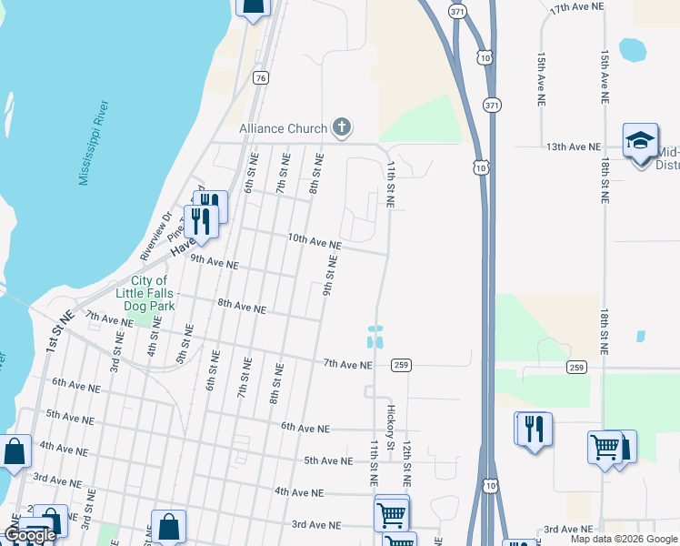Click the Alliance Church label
(x=283, y=128)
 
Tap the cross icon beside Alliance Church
(x=342, y=126)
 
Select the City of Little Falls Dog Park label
(x=149, y=293)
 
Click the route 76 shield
(x=261, y=78)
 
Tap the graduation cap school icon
(x=640, y=141)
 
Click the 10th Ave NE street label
(x=315, y=240)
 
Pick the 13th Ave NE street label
(x=574, y=146)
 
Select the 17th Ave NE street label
(x=577, y=6)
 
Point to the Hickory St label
(x=391, y=427)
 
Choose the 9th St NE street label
(x=332, y=275)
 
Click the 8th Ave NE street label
(x=241, y=307)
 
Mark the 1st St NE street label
(x=60, y=331)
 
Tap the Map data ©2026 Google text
(x=623, y=539)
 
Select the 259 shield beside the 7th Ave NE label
(x=401, y=365)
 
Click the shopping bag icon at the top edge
(x=254, y=7)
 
